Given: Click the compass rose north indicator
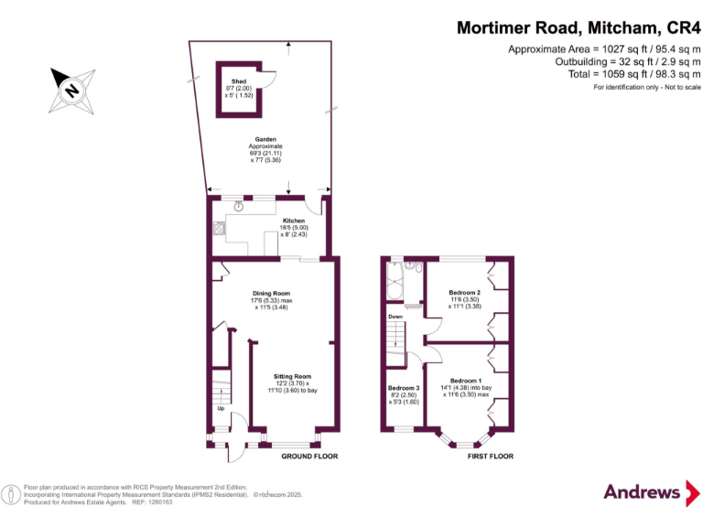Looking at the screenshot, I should (x=70, y=89).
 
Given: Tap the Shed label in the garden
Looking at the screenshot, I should (x=238, y=81).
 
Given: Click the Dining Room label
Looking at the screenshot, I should (x=272, y=293).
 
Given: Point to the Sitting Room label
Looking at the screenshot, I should (x=292, y=376).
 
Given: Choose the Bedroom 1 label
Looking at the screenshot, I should (x=465, y=381).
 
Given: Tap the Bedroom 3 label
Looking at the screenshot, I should (x=403, y=388).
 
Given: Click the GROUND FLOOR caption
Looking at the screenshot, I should (x=309, y=456).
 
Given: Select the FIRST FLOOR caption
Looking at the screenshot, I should (x=491, y=456).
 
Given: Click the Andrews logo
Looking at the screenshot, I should (x=643, y=491).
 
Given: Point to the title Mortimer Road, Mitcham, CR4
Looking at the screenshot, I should (x=579, y=27).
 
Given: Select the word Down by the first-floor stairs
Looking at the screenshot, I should (x=395, y=317).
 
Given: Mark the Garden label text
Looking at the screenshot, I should (x=265, y=140).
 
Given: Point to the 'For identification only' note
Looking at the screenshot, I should (x=646, y=87).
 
